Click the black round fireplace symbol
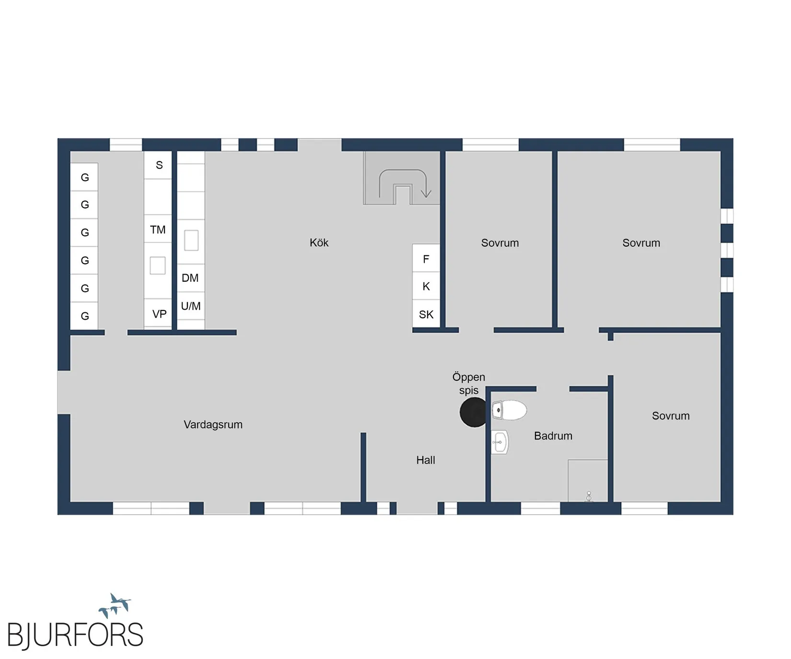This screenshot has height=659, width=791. click(474, 412)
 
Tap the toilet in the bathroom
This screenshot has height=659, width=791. click(509, 410)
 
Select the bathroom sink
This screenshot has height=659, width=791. click(500, 442)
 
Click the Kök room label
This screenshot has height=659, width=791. click(319, 243)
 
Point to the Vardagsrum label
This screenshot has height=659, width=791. click(213, 425)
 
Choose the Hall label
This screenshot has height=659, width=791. click(426, 460)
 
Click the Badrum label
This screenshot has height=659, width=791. click(553, 436)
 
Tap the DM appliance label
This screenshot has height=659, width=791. click(190, 278)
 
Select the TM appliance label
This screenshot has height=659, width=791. click(158, 230)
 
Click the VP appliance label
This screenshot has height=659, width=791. click(159, 314)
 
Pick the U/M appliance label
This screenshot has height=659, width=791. click(191, 306)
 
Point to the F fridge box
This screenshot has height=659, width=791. click(426, 258)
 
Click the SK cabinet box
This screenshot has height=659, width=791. click(426, 314)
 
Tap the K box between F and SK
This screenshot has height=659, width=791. click(426, 286)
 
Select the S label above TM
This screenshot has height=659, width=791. click(159, 165)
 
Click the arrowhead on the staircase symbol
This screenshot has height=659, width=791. click(426, 194)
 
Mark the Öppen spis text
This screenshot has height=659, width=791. click(469, 383)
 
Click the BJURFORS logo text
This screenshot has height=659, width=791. click(75, 635)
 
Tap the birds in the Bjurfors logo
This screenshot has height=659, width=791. click(115, 605)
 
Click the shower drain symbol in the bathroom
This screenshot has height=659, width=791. click(589, 497)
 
